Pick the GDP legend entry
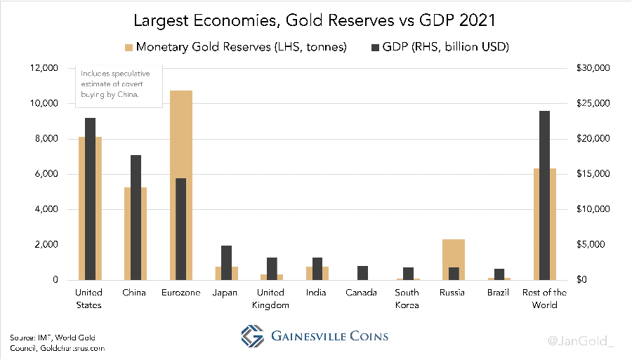coord(437,47)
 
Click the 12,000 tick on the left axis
coord(45,68)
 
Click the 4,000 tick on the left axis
coord(46,209)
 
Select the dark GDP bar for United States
coord(90,199)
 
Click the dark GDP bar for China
coord(136,218)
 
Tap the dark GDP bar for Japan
coord(226,262)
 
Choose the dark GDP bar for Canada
coord(362,273)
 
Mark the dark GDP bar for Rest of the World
coord(544,195)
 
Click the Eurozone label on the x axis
coord(180,292)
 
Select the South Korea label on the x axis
coord(407,298)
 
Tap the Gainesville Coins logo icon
coord(251,335)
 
